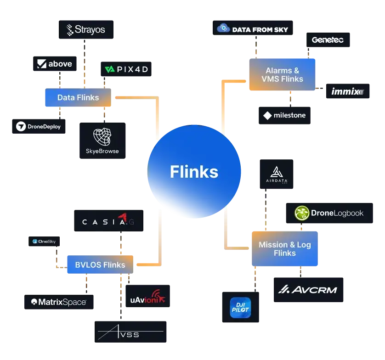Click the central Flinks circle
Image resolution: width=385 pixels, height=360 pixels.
[x=194, y=172]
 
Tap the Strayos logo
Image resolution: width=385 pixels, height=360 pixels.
[x=86, y=30]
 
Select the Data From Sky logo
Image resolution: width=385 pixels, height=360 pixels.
[x=253, y=29]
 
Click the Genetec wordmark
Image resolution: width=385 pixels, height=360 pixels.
[x=327, y=40]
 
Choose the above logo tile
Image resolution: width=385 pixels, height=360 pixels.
[x=55, y=64]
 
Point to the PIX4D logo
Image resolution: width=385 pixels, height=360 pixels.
[x=126, y=70]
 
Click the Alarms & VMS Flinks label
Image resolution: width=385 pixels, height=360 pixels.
[x=282, y=75]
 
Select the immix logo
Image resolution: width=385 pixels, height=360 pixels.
[x=347, y=92]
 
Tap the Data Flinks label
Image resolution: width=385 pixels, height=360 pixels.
[x=78, y=97]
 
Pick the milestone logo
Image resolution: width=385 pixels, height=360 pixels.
[x=284, y=115]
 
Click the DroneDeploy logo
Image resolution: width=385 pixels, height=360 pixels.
[x=39, y=126]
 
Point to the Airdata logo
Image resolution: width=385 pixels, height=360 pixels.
[x=276, y=177]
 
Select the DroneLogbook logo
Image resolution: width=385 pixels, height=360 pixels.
[x=329, y=213]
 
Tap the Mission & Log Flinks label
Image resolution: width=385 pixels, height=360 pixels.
[x=284, y=249]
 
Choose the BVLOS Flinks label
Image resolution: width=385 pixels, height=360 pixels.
[x=100, y=265]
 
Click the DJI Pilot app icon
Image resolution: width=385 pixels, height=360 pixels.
[x=240, y=308]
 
